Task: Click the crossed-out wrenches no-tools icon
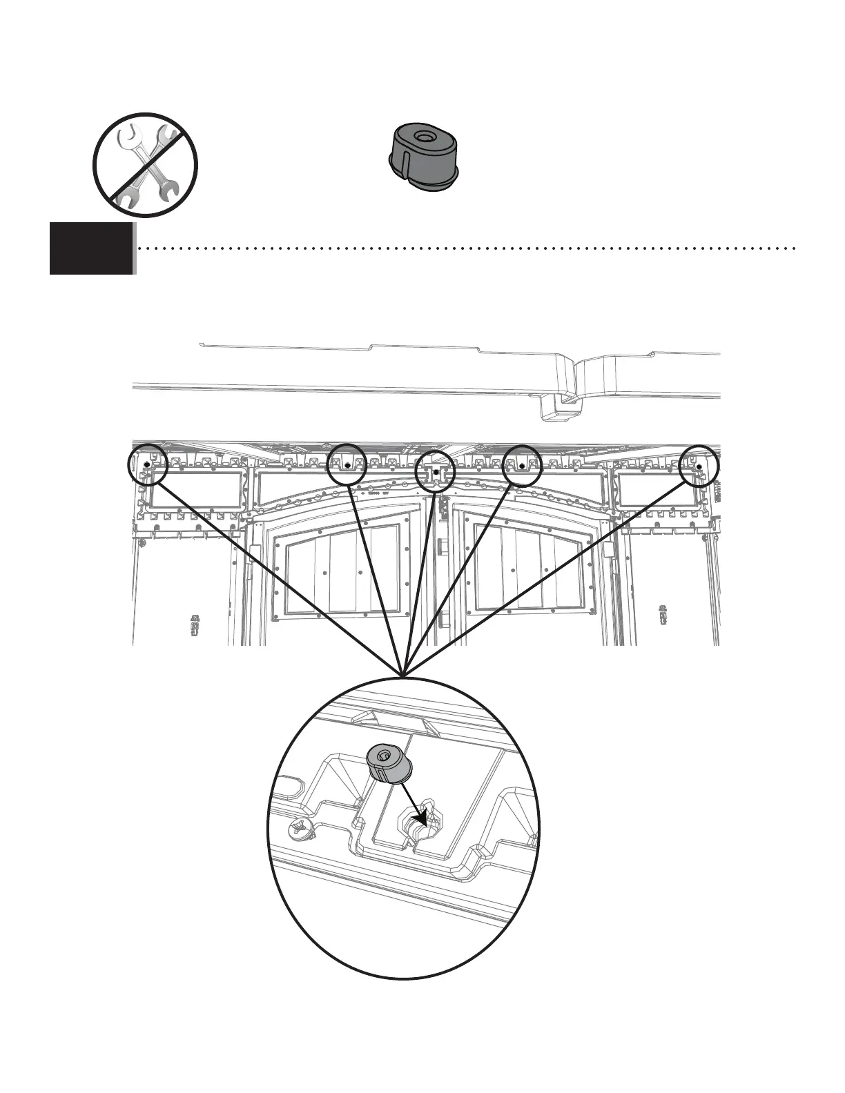click(x=146, y=164)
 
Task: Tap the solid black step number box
click(x=91, y=248)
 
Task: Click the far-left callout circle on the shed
click(x=148, y=466)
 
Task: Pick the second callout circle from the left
click(x=347, y=464)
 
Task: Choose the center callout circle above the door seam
click(x=436, y=472)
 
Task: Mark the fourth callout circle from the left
click(x=522, y=466)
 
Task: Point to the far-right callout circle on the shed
click(x=699, y=466)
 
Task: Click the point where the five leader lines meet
click(x=403, y=673)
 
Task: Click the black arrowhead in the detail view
click(x=418, y=818)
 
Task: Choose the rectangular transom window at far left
click(x=197, y=491)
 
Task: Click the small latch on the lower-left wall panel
click(x=195, y=624)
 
